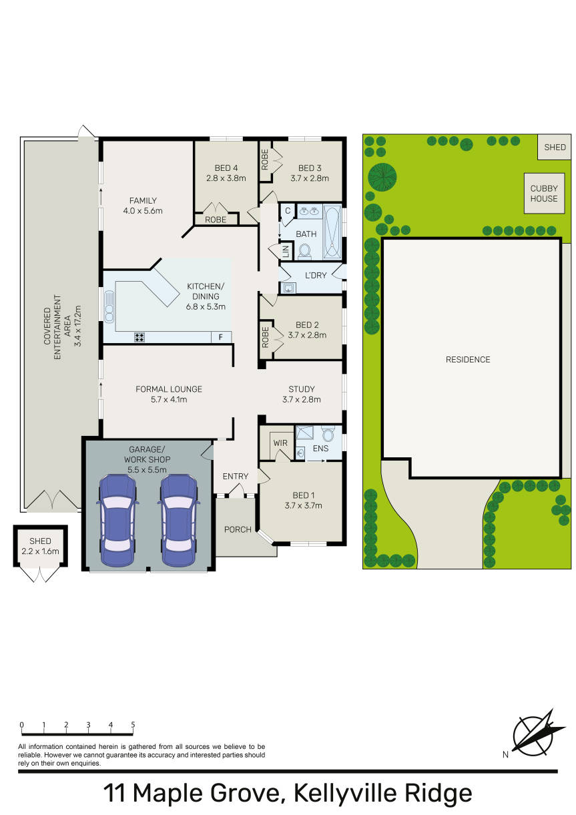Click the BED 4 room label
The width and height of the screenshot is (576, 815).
[x=226, y=168]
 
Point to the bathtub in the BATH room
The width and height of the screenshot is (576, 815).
[x=332, y=232]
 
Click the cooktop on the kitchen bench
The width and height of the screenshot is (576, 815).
[x=139, y=337]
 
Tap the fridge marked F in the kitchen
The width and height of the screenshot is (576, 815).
[x=221, y=337]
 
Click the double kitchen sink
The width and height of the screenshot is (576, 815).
[x=109, y=306]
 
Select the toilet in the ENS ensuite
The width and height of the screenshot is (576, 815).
[x=328, y=434]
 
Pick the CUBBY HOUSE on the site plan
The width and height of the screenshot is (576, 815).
[x=544, y=193]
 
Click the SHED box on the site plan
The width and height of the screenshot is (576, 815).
[x=555, y=147]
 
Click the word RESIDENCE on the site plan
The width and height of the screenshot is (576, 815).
[x=468, y=360]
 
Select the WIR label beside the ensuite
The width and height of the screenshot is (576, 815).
[x=280, y=443]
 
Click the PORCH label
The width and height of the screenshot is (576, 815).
[x=238, y=529]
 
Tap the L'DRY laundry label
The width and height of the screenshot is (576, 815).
[x=316, y=276]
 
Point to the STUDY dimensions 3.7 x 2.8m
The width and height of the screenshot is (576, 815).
[x=301, y=400]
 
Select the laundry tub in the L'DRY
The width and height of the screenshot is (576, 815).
[x=288, y=288]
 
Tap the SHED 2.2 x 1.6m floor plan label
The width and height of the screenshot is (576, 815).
[x=40, y=547]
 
